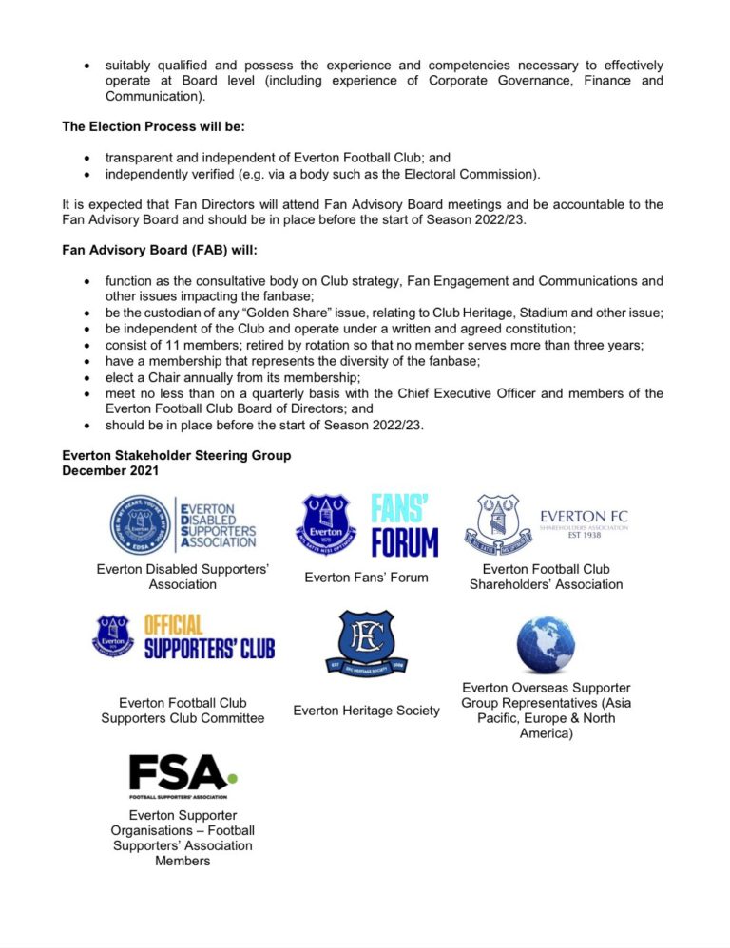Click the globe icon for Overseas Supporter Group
pyautogui.click(x=546, y=645)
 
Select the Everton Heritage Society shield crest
pyautogui.click(x=366, y=651)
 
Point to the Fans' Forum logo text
pyautogui.click(x=404, y=525)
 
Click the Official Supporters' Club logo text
pyautogui.click(x=209, y=637)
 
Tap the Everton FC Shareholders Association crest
pyautogui.click(x=499, y=524)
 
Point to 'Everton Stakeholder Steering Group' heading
pyautogui.click(x=177, y=456)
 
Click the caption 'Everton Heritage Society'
pyautogui.click(x=366, y=711)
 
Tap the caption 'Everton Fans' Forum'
pyautogui.click(x=366, y=577)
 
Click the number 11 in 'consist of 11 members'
pyautogui.click(x=175, y=346)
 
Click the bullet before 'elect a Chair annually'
pyautogui.click(x=87, y=378)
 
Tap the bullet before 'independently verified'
pyautogui.click(x=87, y=175)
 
